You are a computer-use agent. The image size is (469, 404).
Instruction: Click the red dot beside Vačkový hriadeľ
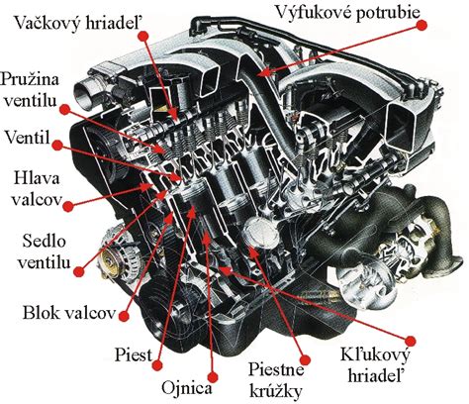point(144,32)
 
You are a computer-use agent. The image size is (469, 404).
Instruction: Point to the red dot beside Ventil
point(57,144)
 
